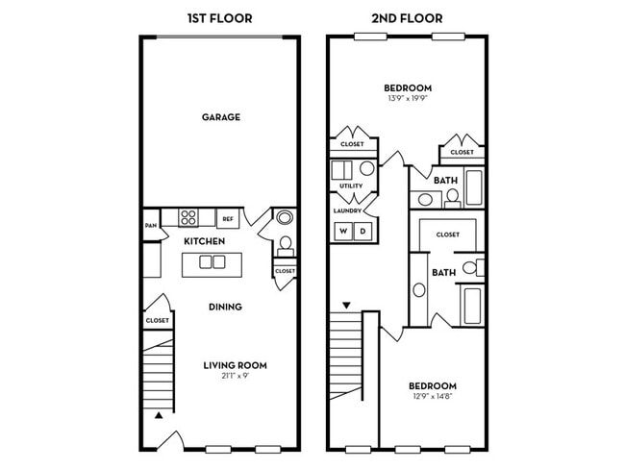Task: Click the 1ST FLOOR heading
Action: click(219, 18)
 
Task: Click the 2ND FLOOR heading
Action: click(407, 18)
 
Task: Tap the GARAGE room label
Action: click(221, 117)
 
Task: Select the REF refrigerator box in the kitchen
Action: click(228, 218)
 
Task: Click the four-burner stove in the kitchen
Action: click(188, 217)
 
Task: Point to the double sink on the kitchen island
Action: click(212, 261)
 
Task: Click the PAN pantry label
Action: click(151, 226)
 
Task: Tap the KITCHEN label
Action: click(204, 241)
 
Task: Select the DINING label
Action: click(225, 307)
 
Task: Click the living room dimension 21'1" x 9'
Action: click(236, 376)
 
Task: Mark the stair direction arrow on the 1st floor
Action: click(159, 415)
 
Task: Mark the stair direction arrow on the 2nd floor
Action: click(346, 306)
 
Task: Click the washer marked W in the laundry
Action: click(343, 231)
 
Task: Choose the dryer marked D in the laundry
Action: click(362, 231)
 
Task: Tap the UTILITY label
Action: click(351, 185)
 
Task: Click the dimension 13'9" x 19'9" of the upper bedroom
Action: click(408, 98)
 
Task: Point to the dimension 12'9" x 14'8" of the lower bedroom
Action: click(433, 397)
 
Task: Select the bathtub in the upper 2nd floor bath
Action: click(474, 187)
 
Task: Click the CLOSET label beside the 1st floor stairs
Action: click(158, 320)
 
